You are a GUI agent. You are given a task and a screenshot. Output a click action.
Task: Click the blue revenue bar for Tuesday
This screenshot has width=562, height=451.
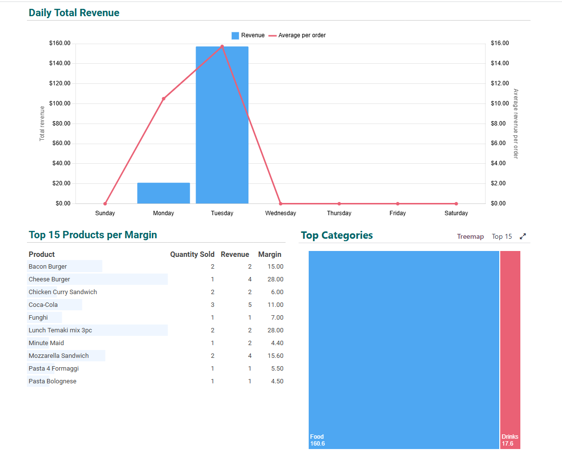coord(222,125)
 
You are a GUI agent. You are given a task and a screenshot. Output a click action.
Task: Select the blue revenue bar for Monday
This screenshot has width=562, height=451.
coord(163,193)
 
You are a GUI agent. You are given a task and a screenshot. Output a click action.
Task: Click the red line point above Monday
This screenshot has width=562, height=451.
coord(164,99)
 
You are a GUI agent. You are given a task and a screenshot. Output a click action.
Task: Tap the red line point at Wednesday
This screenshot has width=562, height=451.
coord(281,203)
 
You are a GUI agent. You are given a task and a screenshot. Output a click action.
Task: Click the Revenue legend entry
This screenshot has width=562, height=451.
coord(248,35)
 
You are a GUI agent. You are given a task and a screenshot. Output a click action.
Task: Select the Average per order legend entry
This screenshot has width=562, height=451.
coord(297,35)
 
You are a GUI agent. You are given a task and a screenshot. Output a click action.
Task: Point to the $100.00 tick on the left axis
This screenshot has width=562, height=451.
coord(60,103)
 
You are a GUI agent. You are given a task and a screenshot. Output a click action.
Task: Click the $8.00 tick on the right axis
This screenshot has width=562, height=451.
coord(499,124)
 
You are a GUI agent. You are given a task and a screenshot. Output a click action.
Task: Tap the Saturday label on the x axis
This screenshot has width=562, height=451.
coord(456,213)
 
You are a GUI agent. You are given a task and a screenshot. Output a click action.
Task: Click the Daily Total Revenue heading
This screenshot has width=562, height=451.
coord(74,13)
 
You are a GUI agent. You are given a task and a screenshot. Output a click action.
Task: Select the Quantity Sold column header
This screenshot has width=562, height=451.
coord(192,254)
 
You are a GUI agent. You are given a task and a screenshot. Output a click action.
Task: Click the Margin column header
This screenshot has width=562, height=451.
coord(270,254)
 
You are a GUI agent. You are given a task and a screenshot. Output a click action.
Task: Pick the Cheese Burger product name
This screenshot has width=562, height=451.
coord(49,279)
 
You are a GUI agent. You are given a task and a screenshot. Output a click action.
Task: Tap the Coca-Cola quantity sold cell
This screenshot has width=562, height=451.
coord(213,305)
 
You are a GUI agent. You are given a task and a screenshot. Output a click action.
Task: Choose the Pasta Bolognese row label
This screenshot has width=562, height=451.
coord(52,381)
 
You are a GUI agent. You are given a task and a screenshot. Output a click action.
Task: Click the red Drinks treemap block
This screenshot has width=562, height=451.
coord(510,343)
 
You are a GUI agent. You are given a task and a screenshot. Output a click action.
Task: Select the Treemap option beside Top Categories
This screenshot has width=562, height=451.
coord(470,236)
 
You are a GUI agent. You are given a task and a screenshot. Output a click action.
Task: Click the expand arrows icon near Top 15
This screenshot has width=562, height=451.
coord(523,236)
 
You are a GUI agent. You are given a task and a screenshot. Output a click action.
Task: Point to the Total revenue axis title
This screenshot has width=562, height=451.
coord(42,124)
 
